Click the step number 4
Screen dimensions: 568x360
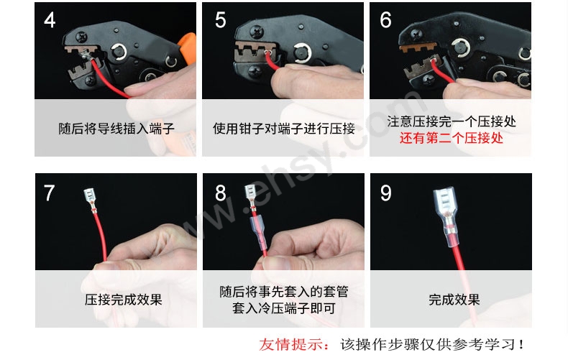(x=50, y=20)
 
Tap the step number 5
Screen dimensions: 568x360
(x=220, y=20)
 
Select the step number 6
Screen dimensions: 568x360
(x=385, y=20)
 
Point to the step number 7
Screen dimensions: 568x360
(x=50, y=193)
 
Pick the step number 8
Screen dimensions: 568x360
(x=220, y=193)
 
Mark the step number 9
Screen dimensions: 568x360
(x=386, y=193)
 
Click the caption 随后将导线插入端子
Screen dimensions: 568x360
(x=116, y=129)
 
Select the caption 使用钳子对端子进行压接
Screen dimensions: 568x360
(x=283, y=129)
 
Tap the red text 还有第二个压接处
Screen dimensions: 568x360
(x=451, y=138)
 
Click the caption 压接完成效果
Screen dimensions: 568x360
(x=123, y=300)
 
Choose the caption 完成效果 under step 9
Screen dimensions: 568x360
(x=454, y=300)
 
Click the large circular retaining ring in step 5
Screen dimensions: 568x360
(x=303, y=53)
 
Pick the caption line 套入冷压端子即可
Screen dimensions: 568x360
(x=283, y=308)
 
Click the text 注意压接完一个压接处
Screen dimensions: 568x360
(x=452, y=121)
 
